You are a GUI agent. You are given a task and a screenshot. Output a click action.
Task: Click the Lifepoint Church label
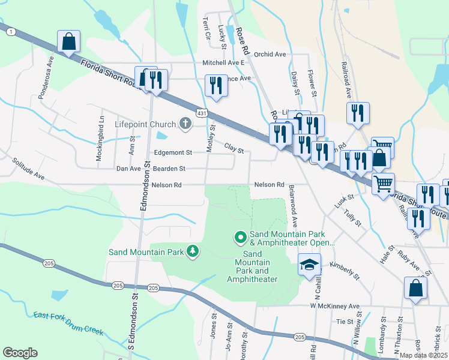tap(145, 125)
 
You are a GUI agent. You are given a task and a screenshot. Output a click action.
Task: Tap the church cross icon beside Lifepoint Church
tap(185, 124)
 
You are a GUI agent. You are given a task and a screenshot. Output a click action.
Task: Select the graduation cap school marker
tap(309, 265)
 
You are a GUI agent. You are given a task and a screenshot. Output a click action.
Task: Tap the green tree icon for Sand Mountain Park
tap(192, 251)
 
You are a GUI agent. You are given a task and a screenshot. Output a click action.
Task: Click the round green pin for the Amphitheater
tap(241, 238)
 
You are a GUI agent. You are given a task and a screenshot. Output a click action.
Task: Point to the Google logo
tap(20, 353)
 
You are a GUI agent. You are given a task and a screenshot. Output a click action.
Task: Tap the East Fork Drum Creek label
tap(68, 324)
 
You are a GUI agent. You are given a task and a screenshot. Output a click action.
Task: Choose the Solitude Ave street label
tap(28, 169)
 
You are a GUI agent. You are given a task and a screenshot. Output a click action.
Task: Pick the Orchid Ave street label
tap(270, 54)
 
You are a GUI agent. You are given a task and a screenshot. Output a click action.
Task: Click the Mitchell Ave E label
tap(223, 62)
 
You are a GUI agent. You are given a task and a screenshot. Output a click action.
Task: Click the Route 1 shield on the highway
tap(11, 32)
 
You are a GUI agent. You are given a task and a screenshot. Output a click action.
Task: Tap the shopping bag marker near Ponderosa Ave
tap(69, 43)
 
